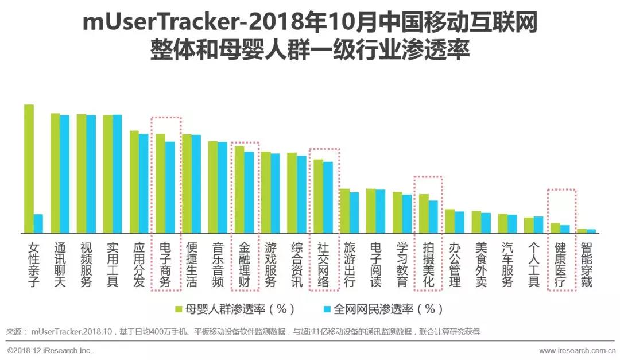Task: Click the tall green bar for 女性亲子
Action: [29, 169]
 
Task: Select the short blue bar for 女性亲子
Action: [38, 223]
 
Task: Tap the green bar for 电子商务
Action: [161, 183]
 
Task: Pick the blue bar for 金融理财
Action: [249, 192]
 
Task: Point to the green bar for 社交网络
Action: [319, 196]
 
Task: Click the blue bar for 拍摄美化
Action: [433, 216]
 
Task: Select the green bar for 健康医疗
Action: [555, 227]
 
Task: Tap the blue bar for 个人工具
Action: [538, 224]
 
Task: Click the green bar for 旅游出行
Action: [344, 211]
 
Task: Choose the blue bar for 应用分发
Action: [144, 183]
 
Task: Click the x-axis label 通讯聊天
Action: [60, 265]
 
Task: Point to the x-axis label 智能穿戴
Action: [587, 265]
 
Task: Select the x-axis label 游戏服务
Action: [271, 265]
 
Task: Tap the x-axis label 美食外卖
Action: [481, 265]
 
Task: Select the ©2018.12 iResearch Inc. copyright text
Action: [50, 350]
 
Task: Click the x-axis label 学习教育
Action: [402, 265]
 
